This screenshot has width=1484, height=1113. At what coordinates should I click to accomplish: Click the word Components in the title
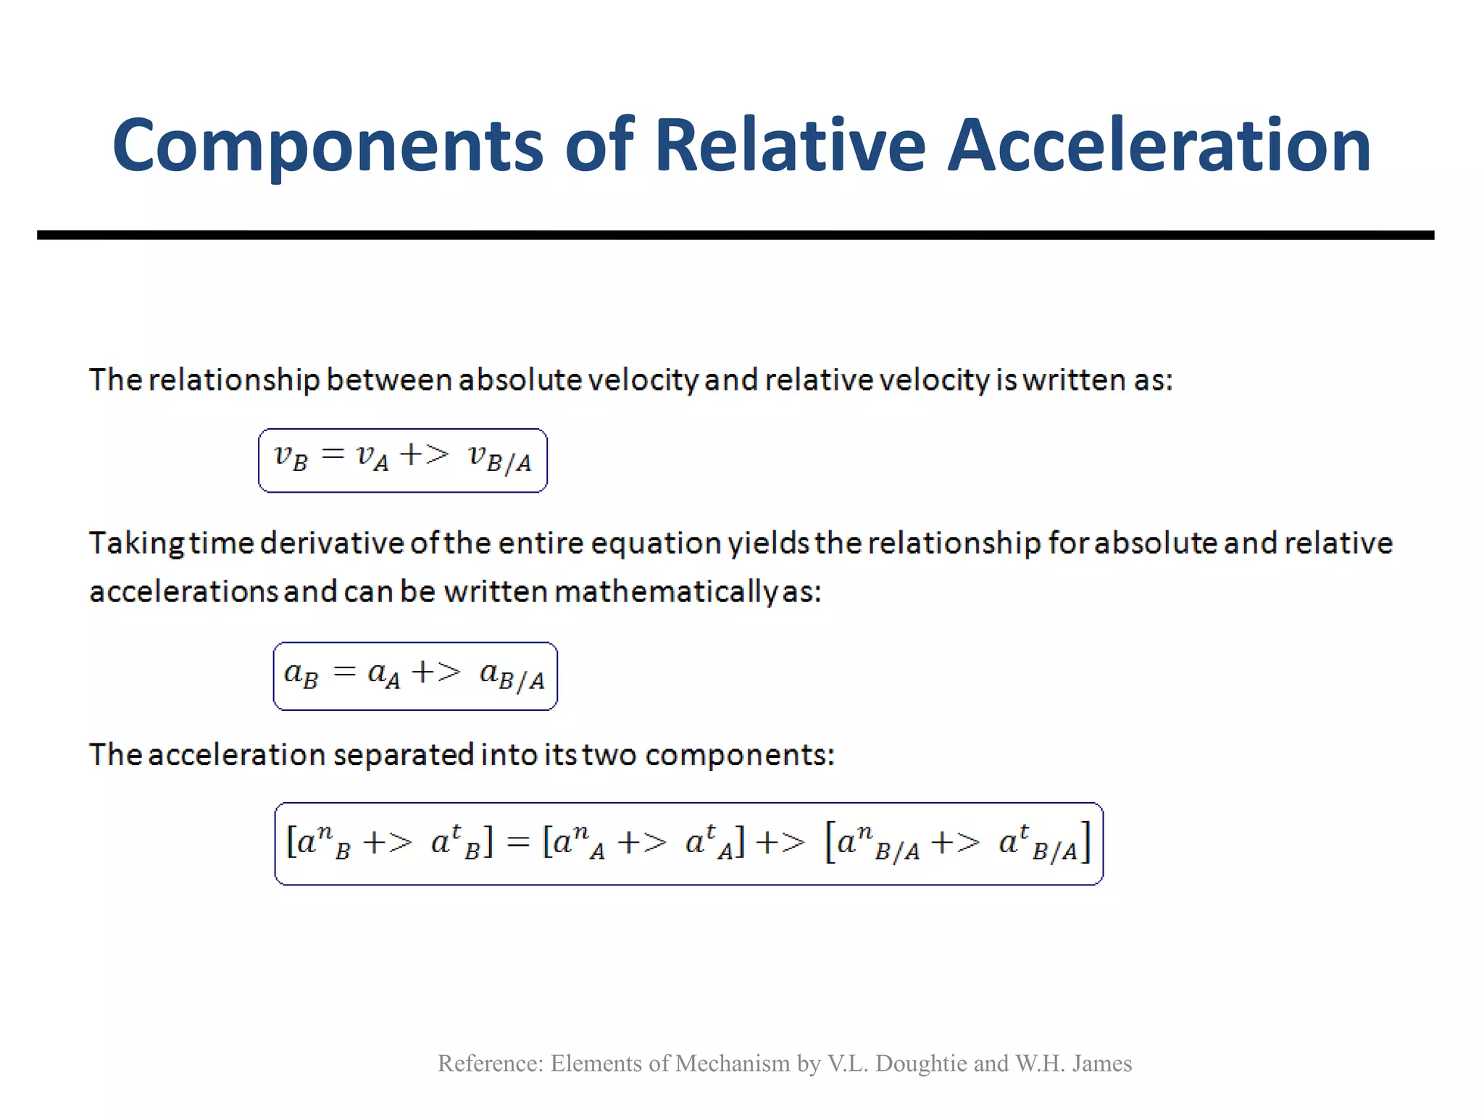[328, 147]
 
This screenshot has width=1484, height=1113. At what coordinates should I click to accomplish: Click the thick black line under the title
[735, 235]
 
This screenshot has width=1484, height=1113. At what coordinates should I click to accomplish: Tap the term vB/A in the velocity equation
[499, 458]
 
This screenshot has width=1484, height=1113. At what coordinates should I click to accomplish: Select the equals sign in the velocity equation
[333, 454]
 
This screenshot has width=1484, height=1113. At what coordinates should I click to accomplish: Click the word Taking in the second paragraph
[136, 543]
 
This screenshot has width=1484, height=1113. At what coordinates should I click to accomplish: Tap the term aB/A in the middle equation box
[512, 675]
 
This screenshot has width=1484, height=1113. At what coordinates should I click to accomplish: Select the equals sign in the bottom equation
[517, 842]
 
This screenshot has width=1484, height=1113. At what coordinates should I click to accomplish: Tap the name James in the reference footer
[1101, 1063]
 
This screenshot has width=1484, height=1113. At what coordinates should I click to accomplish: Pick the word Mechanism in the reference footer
[733, 1063]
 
